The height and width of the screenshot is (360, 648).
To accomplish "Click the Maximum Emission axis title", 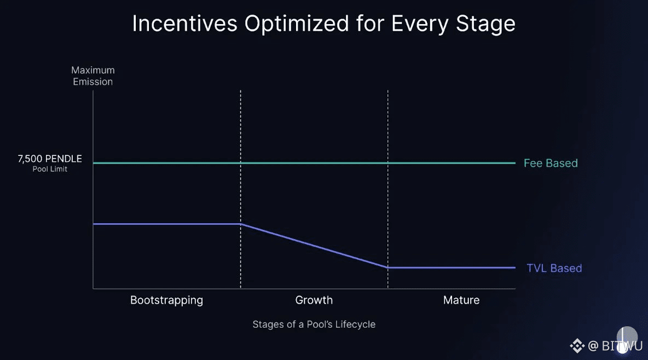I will [93, 76].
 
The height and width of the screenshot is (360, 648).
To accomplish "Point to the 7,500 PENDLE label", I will [50, 159].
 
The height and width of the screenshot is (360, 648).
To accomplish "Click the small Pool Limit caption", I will [50, 169].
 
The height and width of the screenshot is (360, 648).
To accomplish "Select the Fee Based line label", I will [551, 163].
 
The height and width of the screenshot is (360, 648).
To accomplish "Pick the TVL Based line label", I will [554, 268].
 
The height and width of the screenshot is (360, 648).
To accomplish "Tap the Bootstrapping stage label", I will [166, 300].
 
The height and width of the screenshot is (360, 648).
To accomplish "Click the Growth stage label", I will [314, 300].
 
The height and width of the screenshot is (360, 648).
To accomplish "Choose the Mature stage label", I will [461, 300].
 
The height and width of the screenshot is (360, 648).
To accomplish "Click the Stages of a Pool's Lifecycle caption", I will [314, 324].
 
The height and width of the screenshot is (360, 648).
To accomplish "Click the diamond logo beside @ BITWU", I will [577, 346].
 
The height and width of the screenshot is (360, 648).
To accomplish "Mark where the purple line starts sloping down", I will [241, 224].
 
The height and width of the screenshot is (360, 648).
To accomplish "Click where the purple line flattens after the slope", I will [388, 268].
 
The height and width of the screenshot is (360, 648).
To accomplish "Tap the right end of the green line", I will [514, 163].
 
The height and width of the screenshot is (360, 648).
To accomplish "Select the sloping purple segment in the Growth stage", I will [314, 246].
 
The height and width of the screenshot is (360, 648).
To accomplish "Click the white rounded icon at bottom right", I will [627, 337].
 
